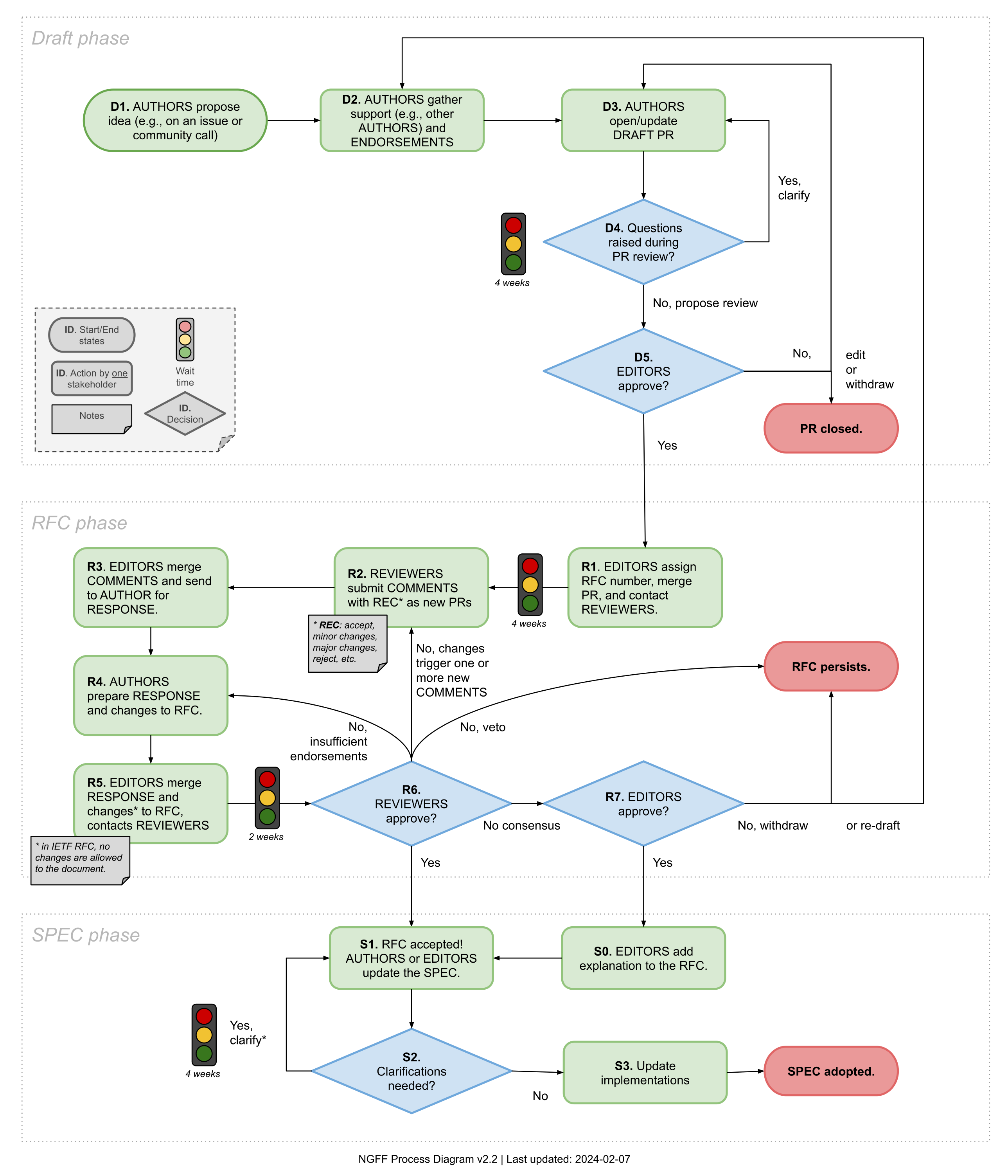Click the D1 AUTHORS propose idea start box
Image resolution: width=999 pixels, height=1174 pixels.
[175, 121]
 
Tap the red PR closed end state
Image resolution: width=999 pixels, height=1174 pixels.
[830, 429]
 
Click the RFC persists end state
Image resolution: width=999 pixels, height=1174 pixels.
[830, 666]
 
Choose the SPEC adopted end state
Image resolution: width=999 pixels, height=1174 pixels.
[830, 1071]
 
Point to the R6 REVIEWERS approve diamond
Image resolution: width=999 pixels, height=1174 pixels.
[411, 803]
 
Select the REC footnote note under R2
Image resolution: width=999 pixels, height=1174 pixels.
[347, 643]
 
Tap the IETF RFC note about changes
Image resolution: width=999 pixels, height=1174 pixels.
[79, 859]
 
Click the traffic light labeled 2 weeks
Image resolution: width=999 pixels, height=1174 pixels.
[267, 798]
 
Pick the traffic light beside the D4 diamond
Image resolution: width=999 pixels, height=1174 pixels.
[513, 244]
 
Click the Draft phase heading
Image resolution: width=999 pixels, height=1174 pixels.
[81, 38]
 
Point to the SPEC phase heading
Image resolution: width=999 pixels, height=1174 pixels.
[86, 935]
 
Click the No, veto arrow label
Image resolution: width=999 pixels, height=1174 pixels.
[483, 727]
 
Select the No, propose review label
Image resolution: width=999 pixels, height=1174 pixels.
[704, 303]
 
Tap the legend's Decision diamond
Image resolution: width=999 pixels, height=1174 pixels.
[185, 414]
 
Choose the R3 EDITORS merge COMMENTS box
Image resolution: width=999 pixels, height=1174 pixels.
[151, 587]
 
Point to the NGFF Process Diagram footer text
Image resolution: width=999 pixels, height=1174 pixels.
[494, 1159]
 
